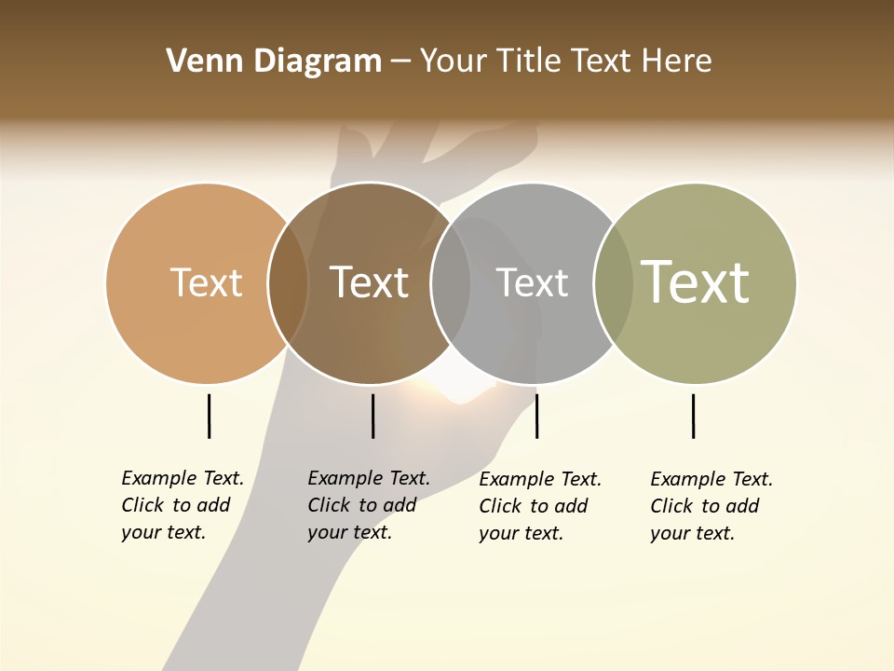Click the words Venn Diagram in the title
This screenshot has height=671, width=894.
274,62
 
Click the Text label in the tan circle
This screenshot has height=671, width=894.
206,283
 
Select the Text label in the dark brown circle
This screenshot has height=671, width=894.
370,283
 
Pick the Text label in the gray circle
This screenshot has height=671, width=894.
532,283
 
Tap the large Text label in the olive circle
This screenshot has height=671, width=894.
696,281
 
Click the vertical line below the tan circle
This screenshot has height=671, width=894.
210,416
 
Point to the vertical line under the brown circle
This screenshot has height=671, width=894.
372,416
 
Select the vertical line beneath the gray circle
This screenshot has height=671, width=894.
536,416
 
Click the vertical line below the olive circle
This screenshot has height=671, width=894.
693,416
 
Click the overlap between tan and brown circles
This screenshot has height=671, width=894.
289,283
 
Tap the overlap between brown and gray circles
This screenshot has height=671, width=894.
451,283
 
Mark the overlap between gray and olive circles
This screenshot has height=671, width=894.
614,283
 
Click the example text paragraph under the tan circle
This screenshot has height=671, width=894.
183,505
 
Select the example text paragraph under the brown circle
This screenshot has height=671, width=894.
369,505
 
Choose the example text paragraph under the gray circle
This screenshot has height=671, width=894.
540,506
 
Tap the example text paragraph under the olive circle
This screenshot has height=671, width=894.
711,506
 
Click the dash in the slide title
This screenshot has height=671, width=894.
400,62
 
